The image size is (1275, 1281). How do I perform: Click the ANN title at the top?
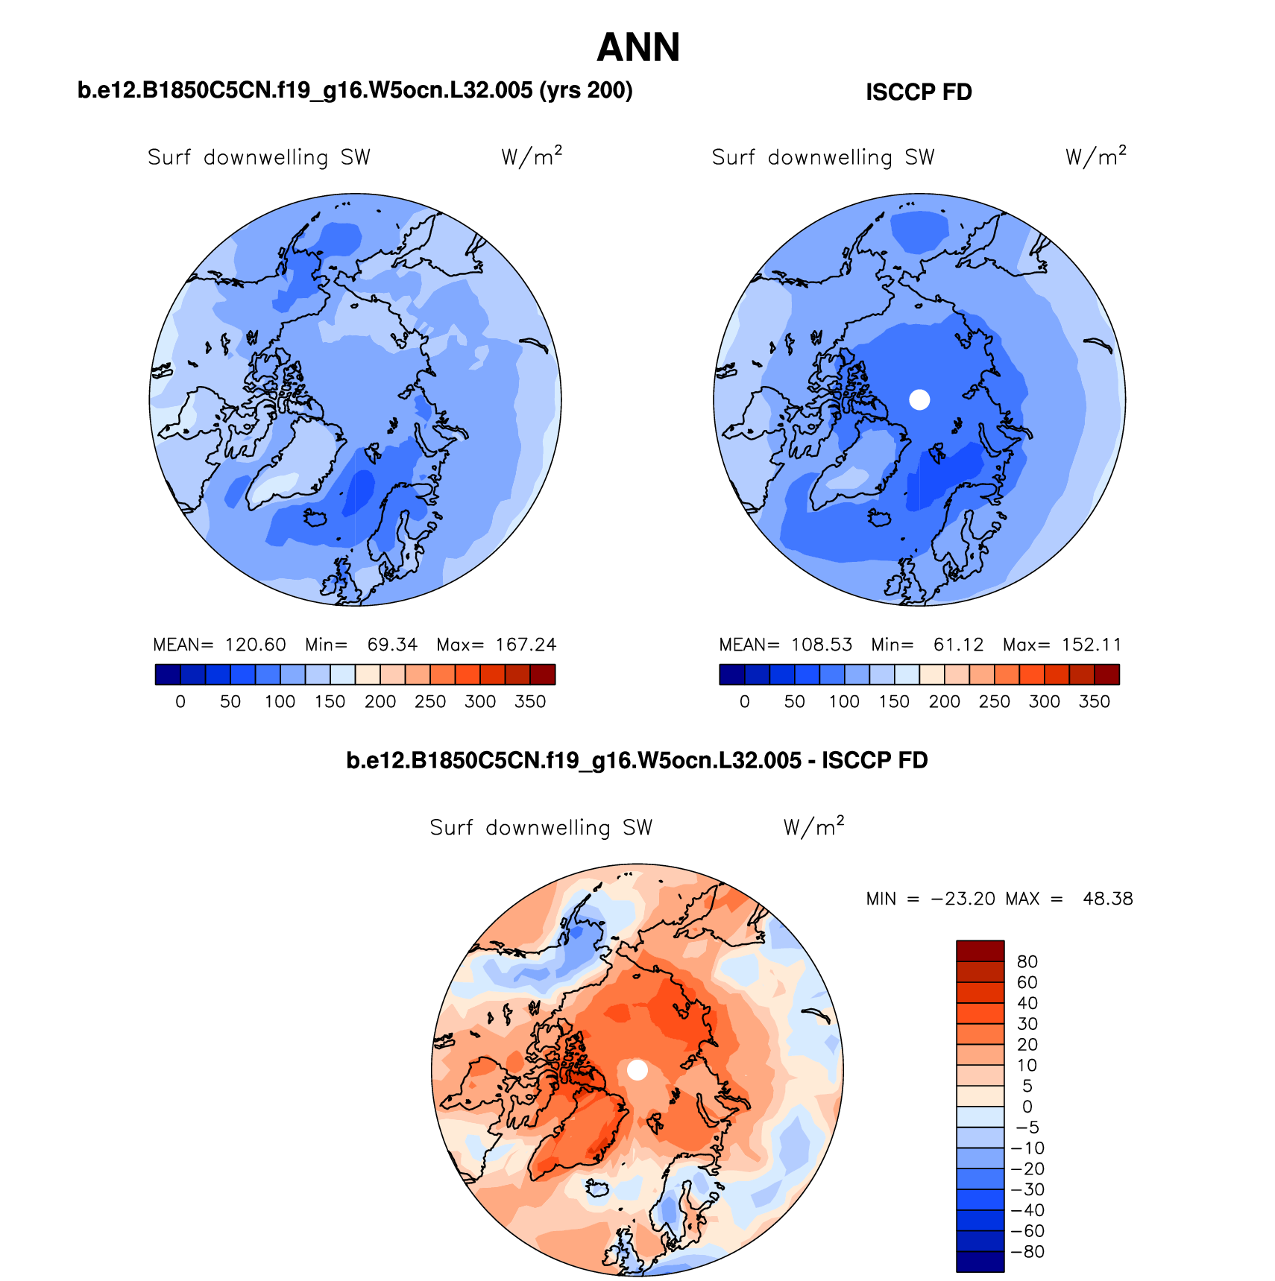point(638,48)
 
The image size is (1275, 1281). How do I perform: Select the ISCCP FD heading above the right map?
point(919,92)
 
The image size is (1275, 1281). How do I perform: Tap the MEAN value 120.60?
point(255,645)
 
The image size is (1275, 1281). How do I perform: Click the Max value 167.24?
point(526,645)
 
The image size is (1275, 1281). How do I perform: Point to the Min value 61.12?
point(958,645)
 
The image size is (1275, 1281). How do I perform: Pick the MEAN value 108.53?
point(821,645)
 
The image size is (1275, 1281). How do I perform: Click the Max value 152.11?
point(1092,645)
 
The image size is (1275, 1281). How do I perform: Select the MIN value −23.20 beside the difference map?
point(963,899)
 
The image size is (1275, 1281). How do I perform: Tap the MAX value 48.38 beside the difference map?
point(1107,899)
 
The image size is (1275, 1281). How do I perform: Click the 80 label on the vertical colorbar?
point(1027,961)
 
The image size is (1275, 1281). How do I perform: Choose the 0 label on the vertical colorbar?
point(1027,1107)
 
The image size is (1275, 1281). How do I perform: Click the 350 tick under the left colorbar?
point(530,702)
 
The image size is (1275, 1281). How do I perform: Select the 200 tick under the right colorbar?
point(944,702)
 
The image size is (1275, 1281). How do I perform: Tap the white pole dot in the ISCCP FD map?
point(919,399)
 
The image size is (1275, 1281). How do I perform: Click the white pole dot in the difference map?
point(637,1070)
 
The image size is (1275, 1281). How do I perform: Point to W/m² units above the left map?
point(531,156)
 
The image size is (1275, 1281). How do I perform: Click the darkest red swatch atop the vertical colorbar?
point(980,951)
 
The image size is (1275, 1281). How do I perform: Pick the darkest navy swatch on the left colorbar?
point(168,674)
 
